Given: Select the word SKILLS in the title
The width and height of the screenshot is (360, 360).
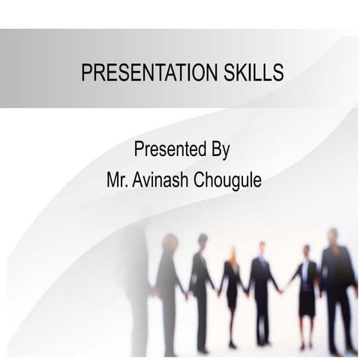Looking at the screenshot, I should click(x=252, y=72).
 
